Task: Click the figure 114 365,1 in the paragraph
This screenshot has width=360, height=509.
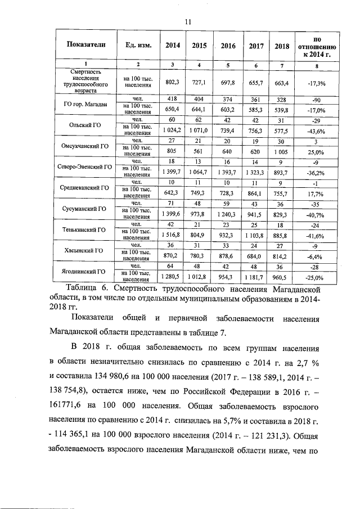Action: tap(77, 435)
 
